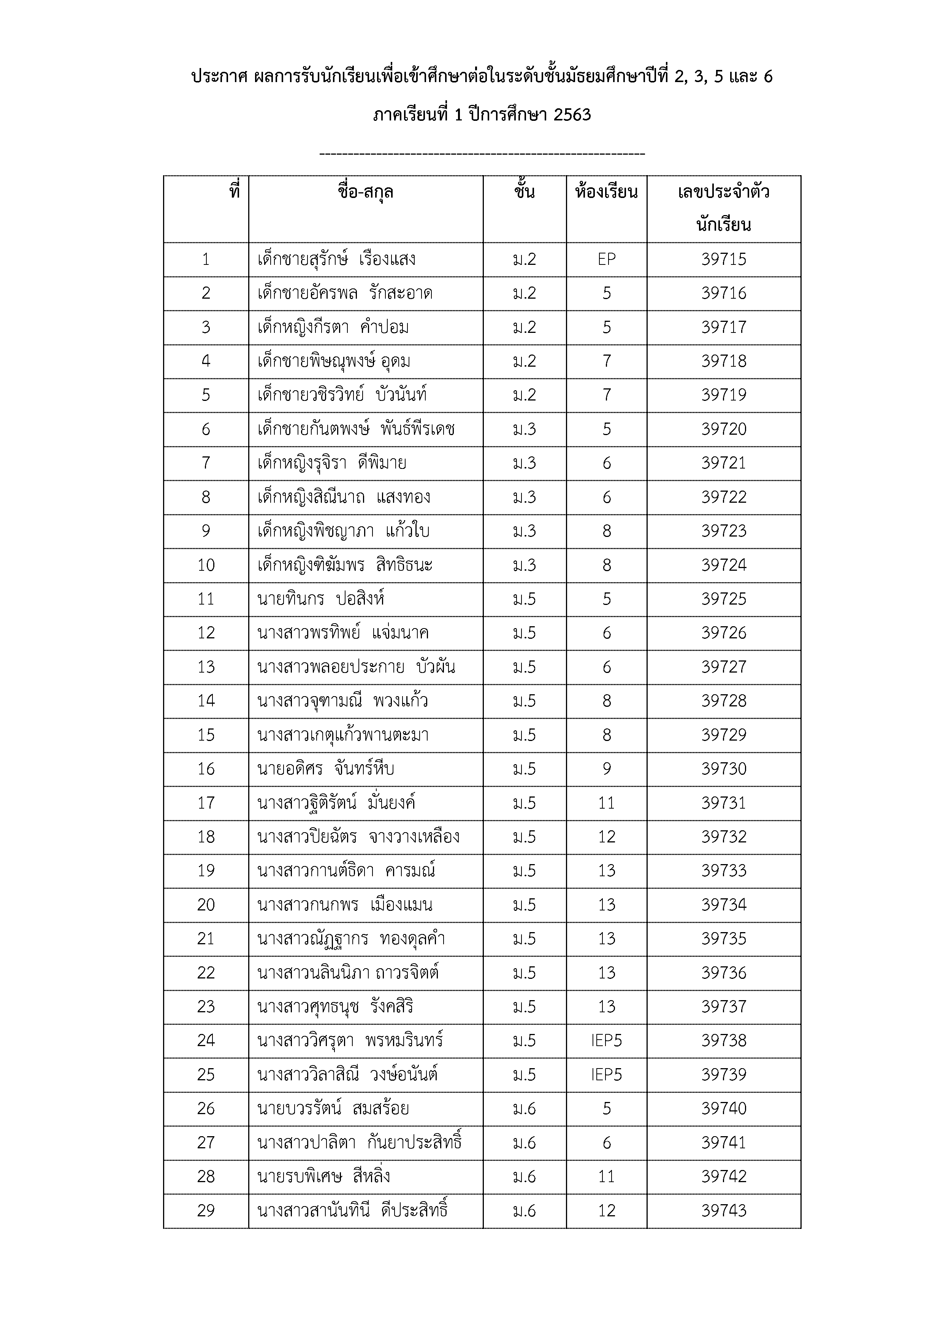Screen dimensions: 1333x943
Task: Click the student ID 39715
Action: (x=724, y=260)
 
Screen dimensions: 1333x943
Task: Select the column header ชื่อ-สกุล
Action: (x=365, y=192)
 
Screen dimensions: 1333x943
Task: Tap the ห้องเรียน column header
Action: (x=606, y=192)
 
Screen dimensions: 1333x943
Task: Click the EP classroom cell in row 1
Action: (x=606, y=260)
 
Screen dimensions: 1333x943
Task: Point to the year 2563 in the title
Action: (x=572, y=115)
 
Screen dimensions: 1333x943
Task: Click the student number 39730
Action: (x=724, y=769)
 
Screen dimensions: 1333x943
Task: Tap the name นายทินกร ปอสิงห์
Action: (x=321, y=599)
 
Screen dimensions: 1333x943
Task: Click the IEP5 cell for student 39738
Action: (x=606, y=1041)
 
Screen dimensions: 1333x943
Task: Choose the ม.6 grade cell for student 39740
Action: (x=525, y=1109)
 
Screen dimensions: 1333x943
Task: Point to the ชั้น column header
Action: (x=525, y=192)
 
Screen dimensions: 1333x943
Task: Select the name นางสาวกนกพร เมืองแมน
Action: (x=345, y=905)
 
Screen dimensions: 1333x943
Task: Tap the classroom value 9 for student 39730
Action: (x=606, y=769)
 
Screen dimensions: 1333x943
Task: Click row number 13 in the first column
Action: (x=206, y=667)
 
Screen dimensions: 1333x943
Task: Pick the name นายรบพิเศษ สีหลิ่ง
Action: (x=323, y=1177)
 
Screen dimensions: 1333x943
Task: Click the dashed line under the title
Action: (x=482, y=154)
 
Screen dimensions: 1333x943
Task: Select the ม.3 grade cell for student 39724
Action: (x=525, y=565)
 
